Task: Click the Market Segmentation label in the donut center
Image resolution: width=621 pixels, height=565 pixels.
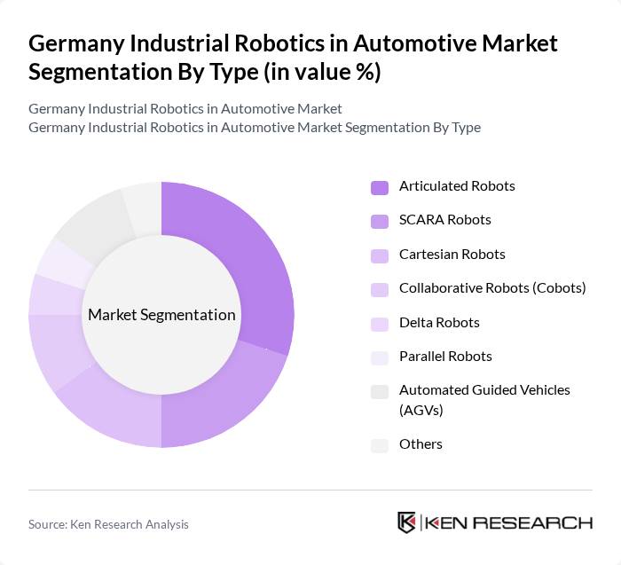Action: [x=161, y=315]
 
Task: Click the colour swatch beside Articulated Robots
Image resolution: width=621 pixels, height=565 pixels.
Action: [x=380, y=187]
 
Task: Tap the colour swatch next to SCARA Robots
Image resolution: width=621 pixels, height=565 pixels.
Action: [x=380, y=221]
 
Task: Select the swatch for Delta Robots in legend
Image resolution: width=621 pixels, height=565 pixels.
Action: [x=380, y=324]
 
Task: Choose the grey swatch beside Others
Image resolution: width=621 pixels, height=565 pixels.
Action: [x=380, y=445]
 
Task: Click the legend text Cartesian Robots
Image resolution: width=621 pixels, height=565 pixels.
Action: [x=452, y=255]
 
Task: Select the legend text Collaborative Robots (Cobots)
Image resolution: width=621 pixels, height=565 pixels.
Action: [x=492, y=288]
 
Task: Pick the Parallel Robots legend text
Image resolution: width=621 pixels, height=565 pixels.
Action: [x=445, y=357]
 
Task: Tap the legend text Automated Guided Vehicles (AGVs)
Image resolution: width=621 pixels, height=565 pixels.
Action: [x=484, y=400]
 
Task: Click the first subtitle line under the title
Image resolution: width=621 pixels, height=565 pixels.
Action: [x=185, y=109]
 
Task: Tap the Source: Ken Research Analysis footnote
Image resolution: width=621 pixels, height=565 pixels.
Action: [x=108, y=524]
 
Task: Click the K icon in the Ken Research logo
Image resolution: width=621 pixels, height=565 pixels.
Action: [x=407, y=522]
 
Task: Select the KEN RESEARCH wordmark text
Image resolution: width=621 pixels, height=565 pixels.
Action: [x=509, y=522]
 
